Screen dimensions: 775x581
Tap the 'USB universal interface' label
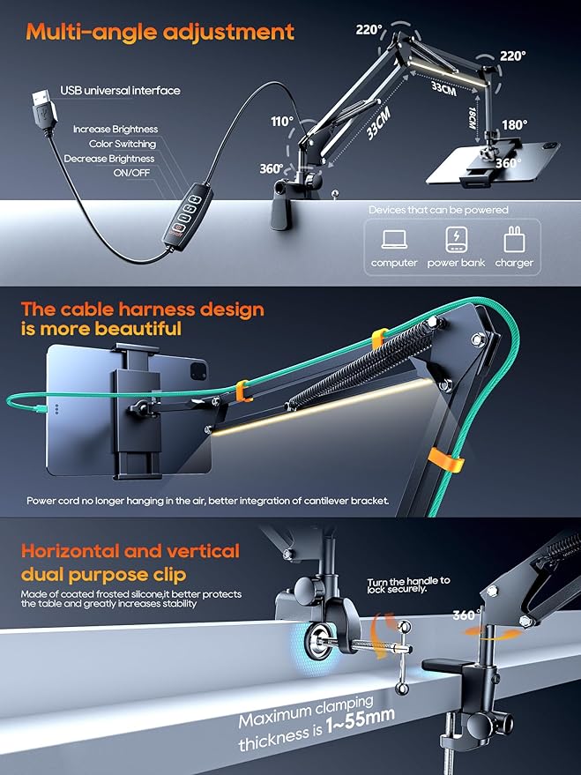point(120,90)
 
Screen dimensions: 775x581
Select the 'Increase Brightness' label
point(115,129)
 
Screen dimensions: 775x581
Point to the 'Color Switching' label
point(123,144)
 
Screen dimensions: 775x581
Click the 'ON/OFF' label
point(132,174)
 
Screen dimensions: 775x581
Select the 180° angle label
point(514,124)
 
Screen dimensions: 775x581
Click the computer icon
point(393,241)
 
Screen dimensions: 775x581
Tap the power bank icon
point(455,241)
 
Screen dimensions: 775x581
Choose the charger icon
point(513,241)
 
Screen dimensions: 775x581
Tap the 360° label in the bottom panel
point(465,615)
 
